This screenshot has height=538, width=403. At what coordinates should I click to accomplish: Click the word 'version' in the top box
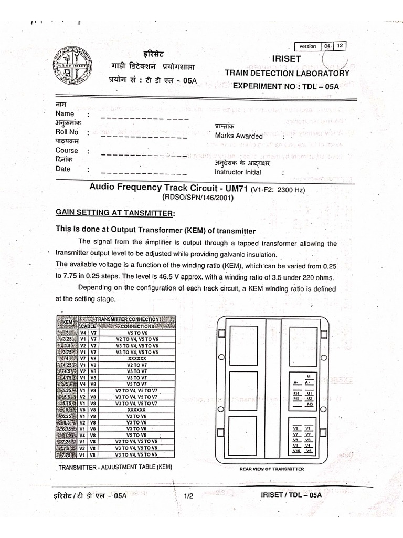click(x=307, y=46)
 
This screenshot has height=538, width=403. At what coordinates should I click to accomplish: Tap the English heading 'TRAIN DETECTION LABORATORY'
click(x=287, y=74)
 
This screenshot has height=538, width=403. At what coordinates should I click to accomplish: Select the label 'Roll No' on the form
click(x=67, y=132)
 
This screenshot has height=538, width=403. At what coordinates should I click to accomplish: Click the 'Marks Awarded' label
click(x=239, y=136)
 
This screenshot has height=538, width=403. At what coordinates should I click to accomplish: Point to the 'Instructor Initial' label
click(x=238, y=172)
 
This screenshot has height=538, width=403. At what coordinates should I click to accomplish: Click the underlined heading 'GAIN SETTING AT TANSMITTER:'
click(x=114, y=212)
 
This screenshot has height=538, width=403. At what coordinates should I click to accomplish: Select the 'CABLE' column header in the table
click(x=88, y=326)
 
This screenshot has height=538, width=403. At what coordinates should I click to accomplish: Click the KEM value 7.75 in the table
click(x=67, y=454)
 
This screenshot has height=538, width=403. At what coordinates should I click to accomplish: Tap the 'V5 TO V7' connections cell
click(x=136, y=384)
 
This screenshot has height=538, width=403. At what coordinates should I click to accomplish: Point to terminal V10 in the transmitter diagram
click(x=296, y=451)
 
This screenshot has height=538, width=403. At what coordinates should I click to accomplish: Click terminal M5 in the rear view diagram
click(x=296, y=399)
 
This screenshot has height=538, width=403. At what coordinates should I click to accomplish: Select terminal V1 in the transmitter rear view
click(x=309, y=428)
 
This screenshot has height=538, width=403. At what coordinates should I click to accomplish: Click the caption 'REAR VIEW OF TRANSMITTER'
click(x=271, y=468)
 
